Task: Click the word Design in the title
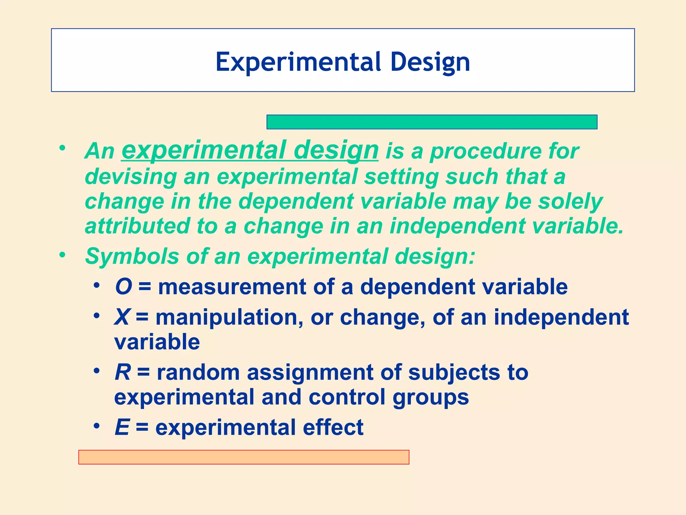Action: [x=430, y=63]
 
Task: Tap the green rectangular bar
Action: [x=432, y=122]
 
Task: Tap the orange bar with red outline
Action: [x=244, y=457]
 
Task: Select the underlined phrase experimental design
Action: [x=250, y=151]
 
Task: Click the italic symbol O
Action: [x=123, y=287]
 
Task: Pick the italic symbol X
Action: [x=122, y=317]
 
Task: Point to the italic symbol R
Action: [x=123, y=373]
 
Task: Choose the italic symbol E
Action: [x=122, y=427]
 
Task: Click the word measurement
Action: [x=232, y=287]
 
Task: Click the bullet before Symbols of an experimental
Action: [x=62, y=255]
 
